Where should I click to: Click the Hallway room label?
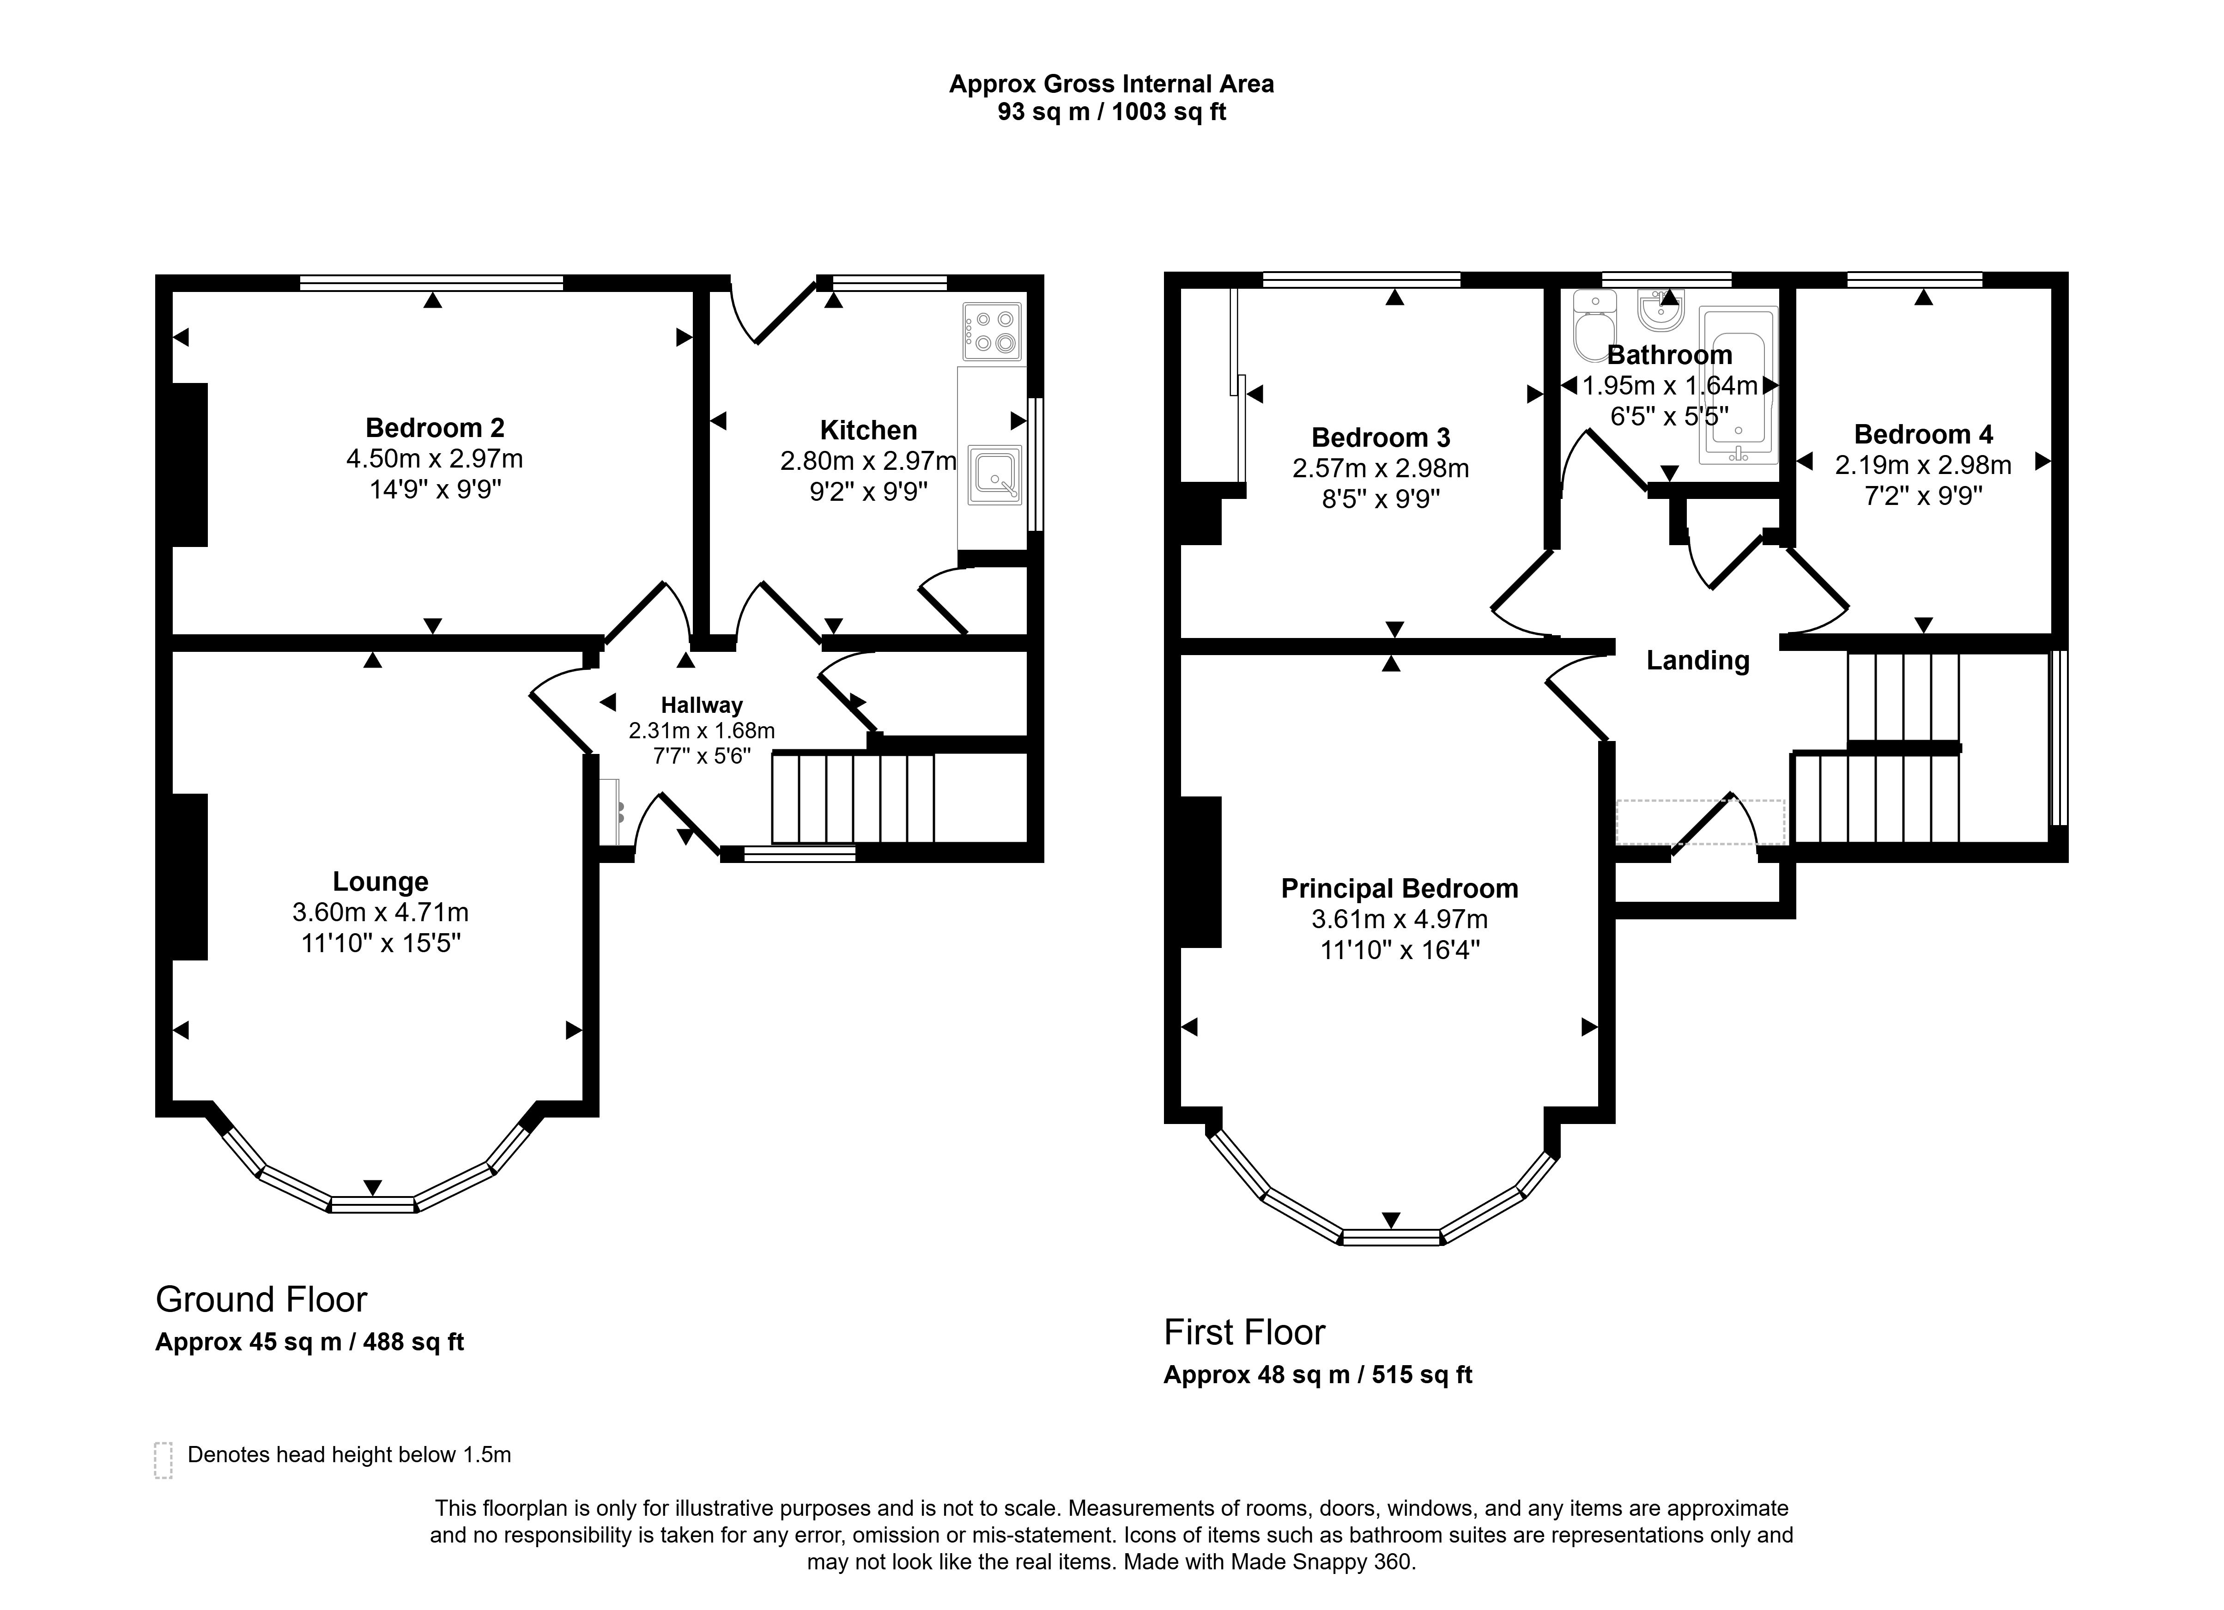tap(701, 705)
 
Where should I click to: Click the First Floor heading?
tap(1244, 1332)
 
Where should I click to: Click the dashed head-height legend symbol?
tap(163, 1460)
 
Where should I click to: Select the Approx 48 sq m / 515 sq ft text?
tap(1318, 1375)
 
